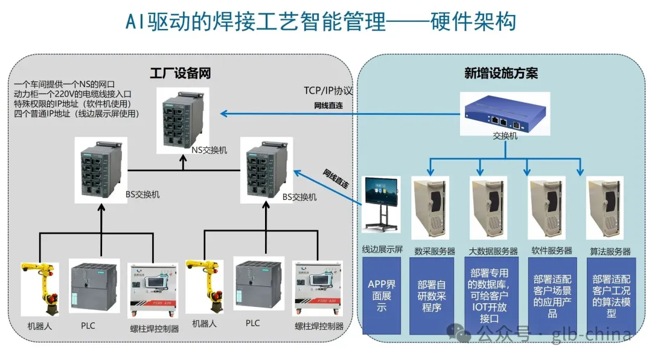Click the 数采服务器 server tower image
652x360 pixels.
430,208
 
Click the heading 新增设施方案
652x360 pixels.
500,74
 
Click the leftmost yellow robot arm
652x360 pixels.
40,289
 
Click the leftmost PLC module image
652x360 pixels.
91,288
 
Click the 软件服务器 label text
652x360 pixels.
552,251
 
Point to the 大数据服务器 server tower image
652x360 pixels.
490,208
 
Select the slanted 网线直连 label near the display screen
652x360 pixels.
336,180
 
